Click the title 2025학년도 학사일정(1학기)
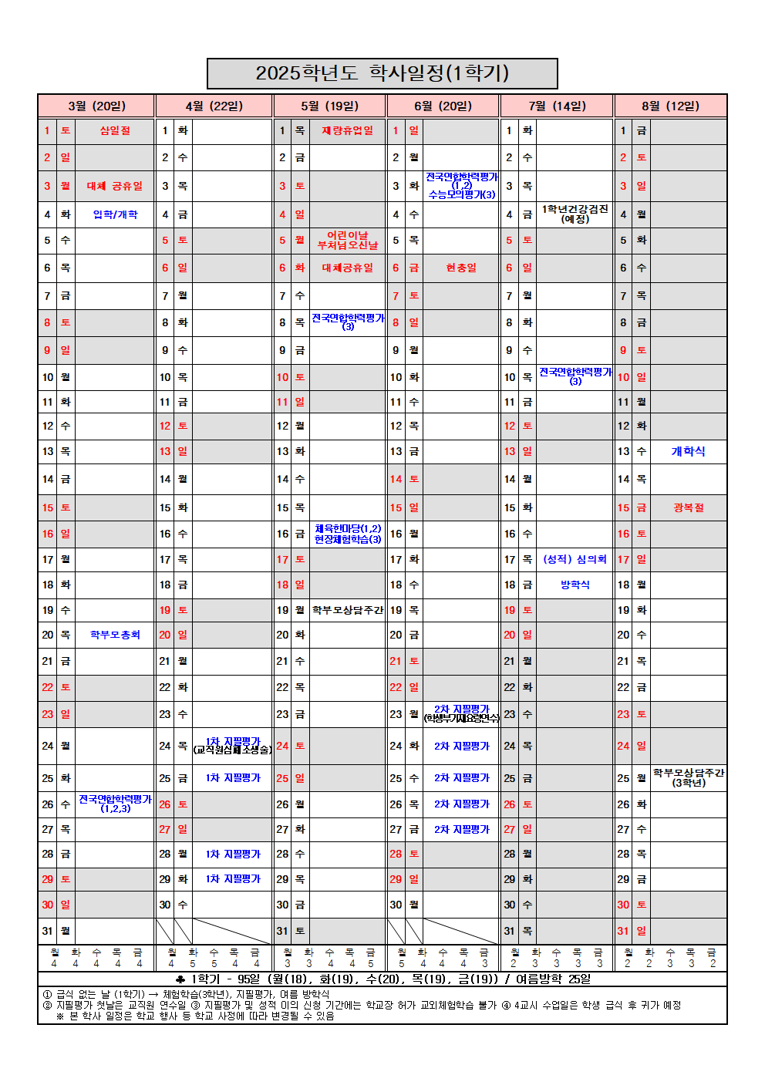(382, 73)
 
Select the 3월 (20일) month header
(96, 106)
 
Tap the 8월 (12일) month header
(670, 106)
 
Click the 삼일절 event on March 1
(115, 130)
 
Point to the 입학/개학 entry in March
(115, 214)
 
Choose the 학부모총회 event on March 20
(115, 635)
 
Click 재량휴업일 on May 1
(347, 130)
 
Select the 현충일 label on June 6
(461, 268)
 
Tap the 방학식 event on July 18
(575, 585)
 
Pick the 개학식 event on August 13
(688, 451)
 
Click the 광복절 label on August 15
(688, 507)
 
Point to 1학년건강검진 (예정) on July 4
(575, 214)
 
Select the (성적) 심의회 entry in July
(575, 559)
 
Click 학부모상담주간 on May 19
(347, 610)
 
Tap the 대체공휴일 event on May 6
(347, 268)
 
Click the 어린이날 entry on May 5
(347, 235)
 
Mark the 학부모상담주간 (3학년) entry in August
(688, 777)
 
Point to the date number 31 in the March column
(48, 931)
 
